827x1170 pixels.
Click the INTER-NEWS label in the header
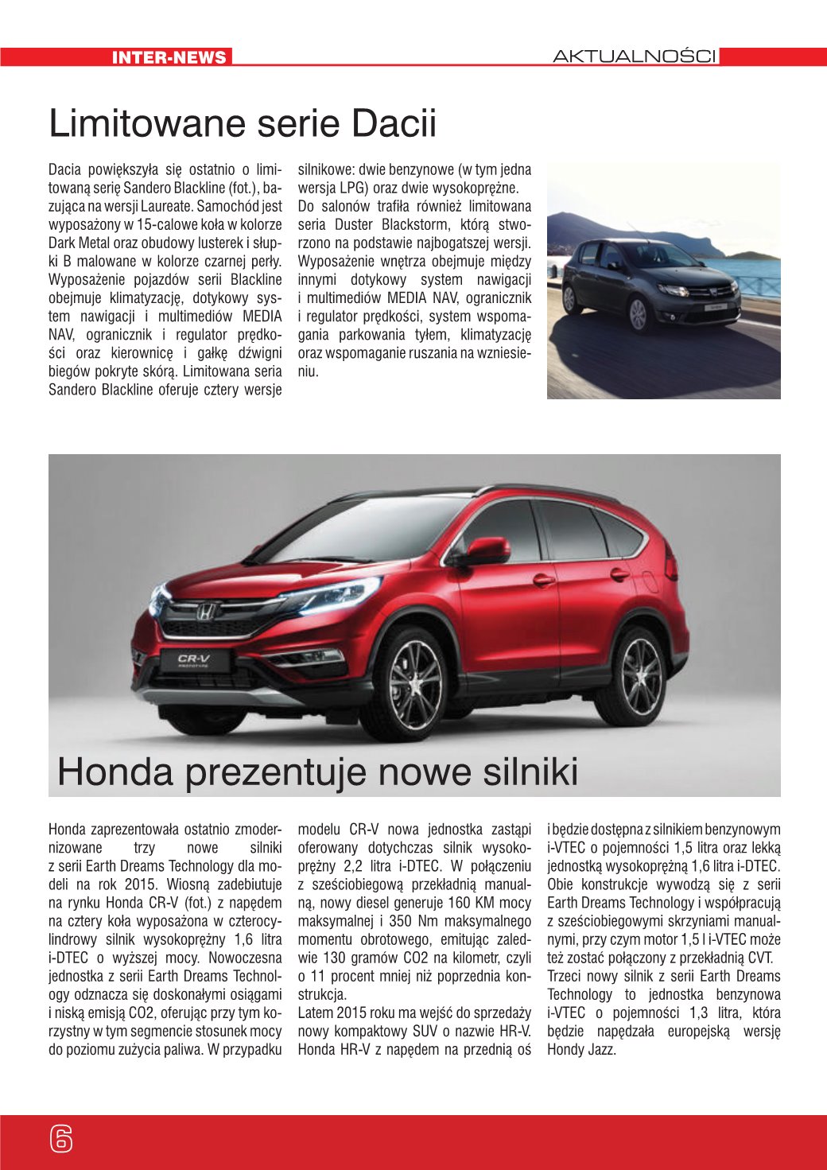[x=169, y=57]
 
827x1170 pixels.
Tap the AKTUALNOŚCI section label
[x=634, y=56]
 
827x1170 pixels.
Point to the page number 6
[x=60, y=1139]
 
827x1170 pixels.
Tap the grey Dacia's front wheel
[x=639, y=315]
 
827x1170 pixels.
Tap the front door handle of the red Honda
[x=543, y=579]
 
